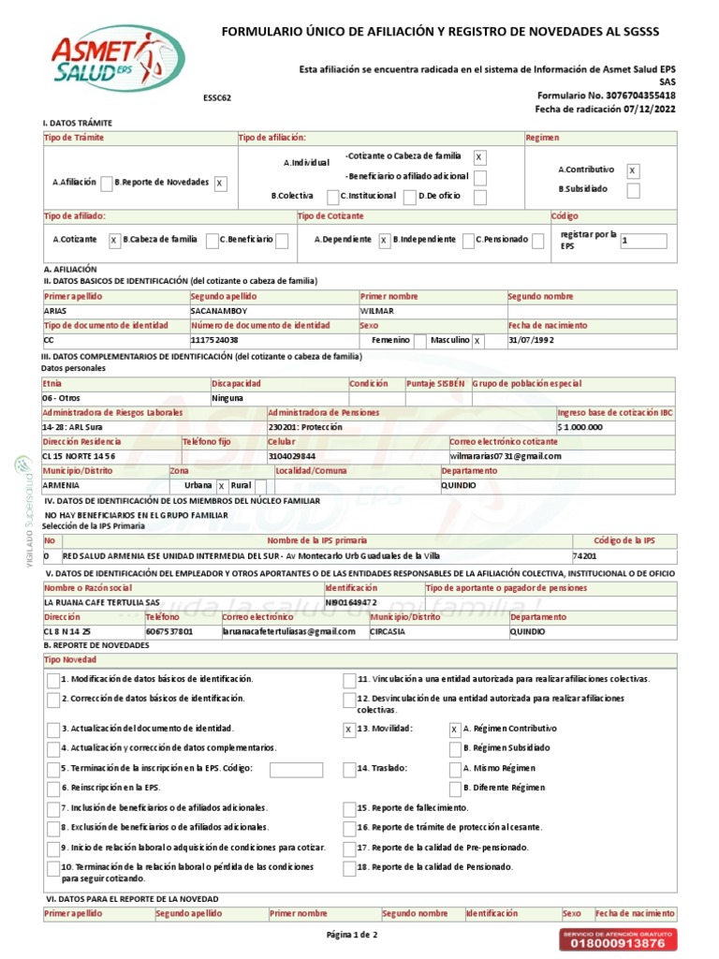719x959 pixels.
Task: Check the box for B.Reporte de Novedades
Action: pyautogui.click(x=220, y=184)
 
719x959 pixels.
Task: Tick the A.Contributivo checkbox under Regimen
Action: pyautogui.click(x=633, y=170)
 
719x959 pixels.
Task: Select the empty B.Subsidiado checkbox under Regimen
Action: pyautogui.click(x=633, y=191)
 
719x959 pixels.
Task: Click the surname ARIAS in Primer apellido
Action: pyautogui.click(x=56, y=311)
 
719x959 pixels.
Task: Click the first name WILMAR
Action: pyautogui.click(x=377, y=311)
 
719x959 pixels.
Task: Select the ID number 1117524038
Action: pyautogui.click(x=214, y=340)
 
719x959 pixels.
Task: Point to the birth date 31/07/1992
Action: pyautogui.click(x=532, y=340)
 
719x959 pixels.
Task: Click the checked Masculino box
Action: pyautogui.click(x=477, y=341)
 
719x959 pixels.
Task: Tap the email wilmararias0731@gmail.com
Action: pyautogui.click(x=506, y=456)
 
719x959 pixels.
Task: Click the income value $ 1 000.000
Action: pyautogui.click(x=580, y=427)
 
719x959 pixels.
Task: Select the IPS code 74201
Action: pyautogui.click(x=584, y=555)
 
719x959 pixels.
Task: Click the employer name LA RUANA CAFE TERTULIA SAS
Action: pyautogui.click(x=102, y=602)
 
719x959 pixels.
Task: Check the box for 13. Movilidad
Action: pyautogui.click(x=348, y=729)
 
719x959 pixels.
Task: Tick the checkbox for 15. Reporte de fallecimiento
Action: pyautogui.click(x=348, y=807)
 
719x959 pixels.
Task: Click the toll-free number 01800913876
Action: pyautogui.click(x=617, y=943)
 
